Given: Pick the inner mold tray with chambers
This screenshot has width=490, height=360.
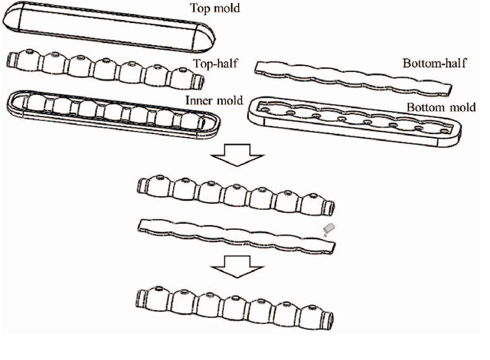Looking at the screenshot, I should point(115,111).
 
